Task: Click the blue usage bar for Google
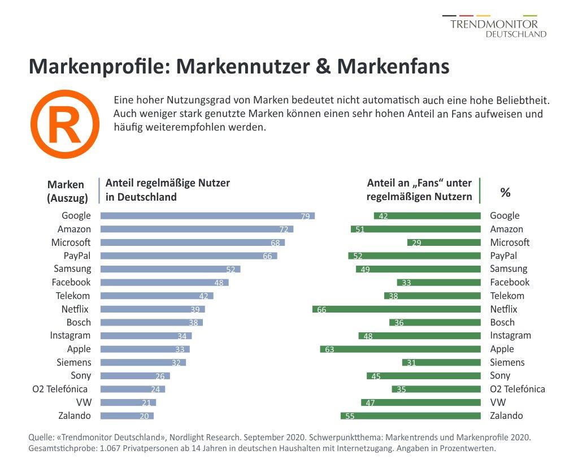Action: click(207, 216)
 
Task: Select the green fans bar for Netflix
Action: click(396, 309)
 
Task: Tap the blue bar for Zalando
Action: click(127, 416)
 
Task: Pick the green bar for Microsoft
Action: click(444, 242)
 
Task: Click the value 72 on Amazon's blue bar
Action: click(284, 229)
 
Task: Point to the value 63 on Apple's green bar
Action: click(329, 349)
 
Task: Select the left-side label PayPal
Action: click(77, 255)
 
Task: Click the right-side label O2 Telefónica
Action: click(518, 389)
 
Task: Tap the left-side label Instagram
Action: click(70, 336)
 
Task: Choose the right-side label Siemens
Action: click(507, 362)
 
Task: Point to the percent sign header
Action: click(505, 192)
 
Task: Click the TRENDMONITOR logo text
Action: click(494, 24)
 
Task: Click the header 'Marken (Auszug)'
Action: click(67, 191)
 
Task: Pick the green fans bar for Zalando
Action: click(410, 416)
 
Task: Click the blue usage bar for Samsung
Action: click(170, 269)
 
